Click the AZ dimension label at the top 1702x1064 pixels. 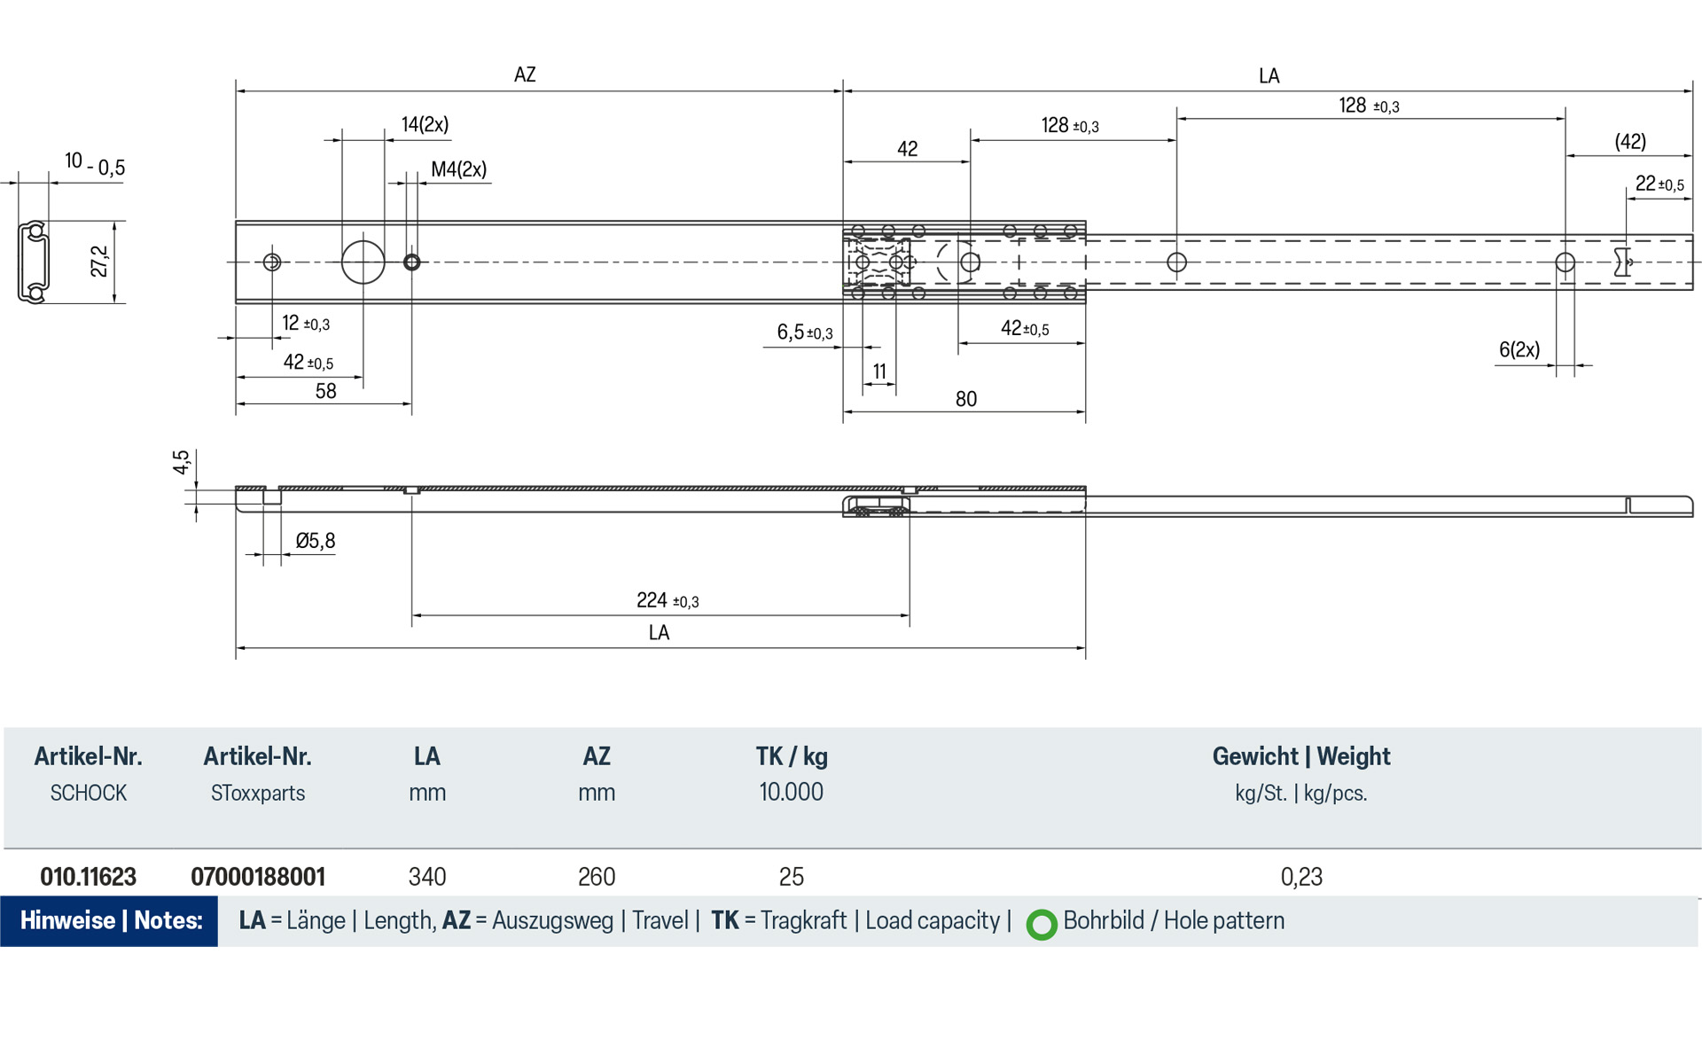tap(525, 74)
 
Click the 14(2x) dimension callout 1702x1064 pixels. tap(425, 124)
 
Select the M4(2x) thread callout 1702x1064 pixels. tap(458, 169)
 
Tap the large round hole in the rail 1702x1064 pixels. tap(363, 262)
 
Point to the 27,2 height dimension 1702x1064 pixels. tap(99, 262)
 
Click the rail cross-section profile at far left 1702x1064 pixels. tap(34, 262)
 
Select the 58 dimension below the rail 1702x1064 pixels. tap(325, 391)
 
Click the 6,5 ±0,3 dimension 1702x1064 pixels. tap(804, 332)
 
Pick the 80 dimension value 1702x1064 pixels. tap(965, 399)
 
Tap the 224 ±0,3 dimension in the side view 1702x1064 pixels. tap(667, 601)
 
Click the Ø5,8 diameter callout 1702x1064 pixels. tap(315, 541)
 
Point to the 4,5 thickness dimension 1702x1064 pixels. tap(181, 462)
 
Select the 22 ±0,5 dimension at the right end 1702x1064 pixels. tap(1659, 184)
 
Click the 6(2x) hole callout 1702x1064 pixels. tap(1519, 350)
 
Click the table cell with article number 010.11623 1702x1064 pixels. tap(88, 877)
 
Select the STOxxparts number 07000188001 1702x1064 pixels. tap(258, 877)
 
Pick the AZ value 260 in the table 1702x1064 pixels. tap(596, 877)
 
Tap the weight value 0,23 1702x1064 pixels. tap(1300, 877)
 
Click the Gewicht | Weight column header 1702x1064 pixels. tap(1300, 756)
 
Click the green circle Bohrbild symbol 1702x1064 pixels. tap(1042, 924)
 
